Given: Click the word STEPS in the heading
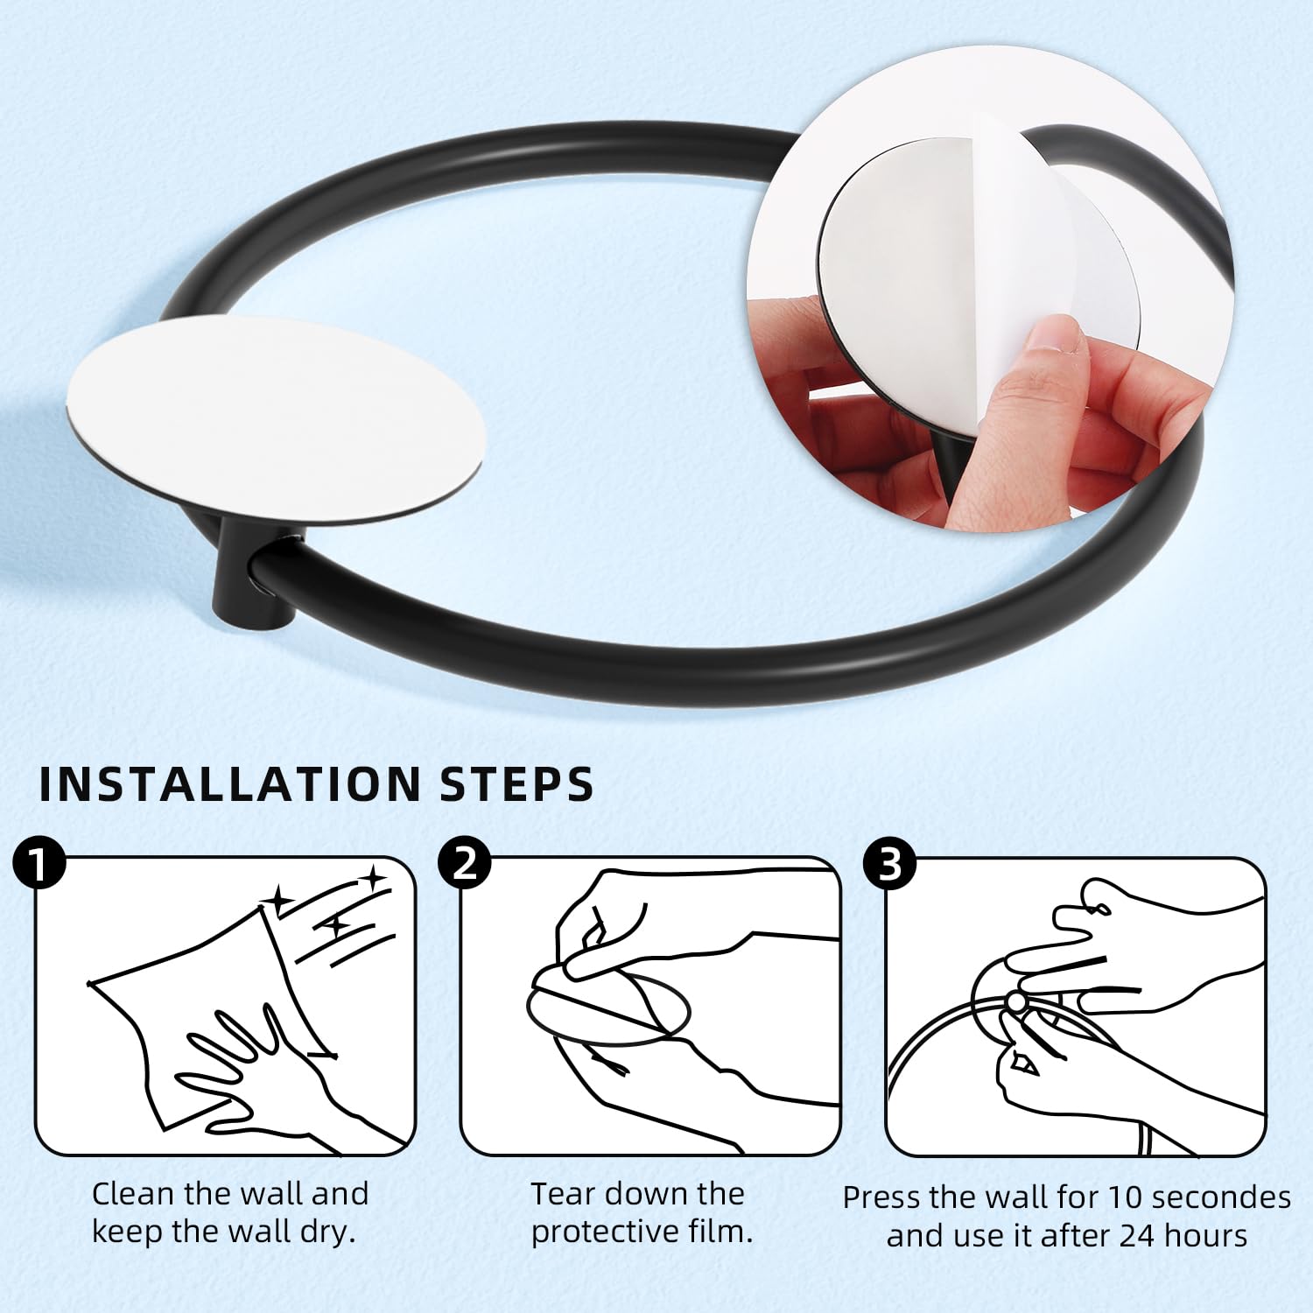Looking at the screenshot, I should pos(516,784).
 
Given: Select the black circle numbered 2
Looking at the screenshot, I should pos(465,865).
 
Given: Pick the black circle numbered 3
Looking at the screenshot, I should pos(889,865).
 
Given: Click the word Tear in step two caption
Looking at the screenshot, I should pos(563,1194).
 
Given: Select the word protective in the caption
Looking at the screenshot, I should pos(603,1232).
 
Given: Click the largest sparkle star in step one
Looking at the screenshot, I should pos(280,899).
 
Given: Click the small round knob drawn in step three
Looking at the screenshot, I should pos(1016,1001).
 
